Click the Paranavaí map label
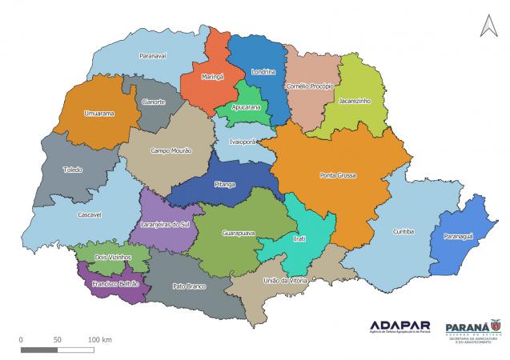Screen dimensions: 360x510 point(152,56)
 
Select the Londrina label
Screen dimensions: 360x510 point(263,72)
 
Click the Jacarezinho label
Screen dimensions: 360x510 point(354,102)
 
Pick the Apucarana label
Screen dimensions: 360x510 point(244,106)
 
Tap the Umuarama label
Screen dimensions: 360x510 point(99,114)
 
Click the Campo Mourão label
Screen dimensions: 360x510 point(171,150)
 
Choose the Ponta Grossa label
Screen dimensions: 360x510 point(337,174)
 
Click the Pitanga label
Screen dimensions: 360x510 point(225,184)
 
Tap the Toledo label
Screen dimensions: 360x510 point(72,170)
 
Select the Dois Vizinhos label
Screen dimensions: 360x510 point(111,257)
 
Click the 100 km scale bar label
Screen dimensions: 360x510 point(101,339)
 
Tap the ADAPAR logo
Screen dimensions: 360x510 point(400,326)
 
